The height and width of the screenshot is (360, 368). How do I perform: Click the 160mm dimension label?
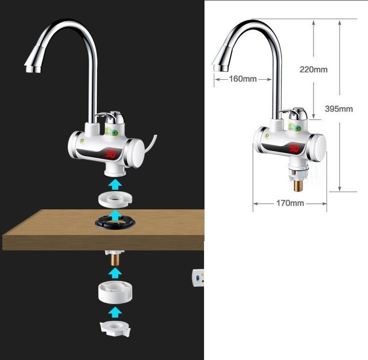(x=243, y=79)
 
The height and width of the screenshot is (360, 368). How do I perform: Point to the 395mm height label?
(x=338, y=109)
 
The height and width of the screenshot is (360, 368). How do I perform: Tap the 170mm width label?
(x=290, y=203)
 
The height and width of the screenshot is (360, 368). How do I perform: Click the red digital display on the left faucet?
(x=112, y=153)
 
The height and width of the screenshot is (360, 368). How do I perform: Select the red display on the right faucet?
(x=294, y=148)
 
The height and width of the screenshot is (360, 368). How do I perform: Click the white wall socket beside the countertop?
(x=198, y=278)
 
